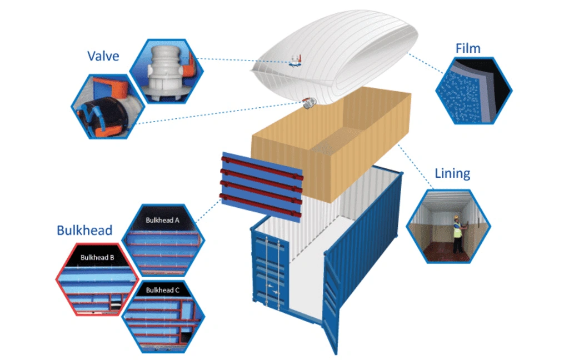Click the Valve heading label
[103, 56]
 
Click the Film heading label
[468, 48]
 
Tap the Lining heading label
[452, 173]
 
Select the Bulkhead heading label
[84, 230]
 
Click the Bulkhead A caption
[162, 220]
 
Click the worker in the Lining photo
[457, 233]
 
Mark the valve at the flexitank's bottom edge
[308, 102]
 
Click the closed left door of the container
[269, 272]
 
